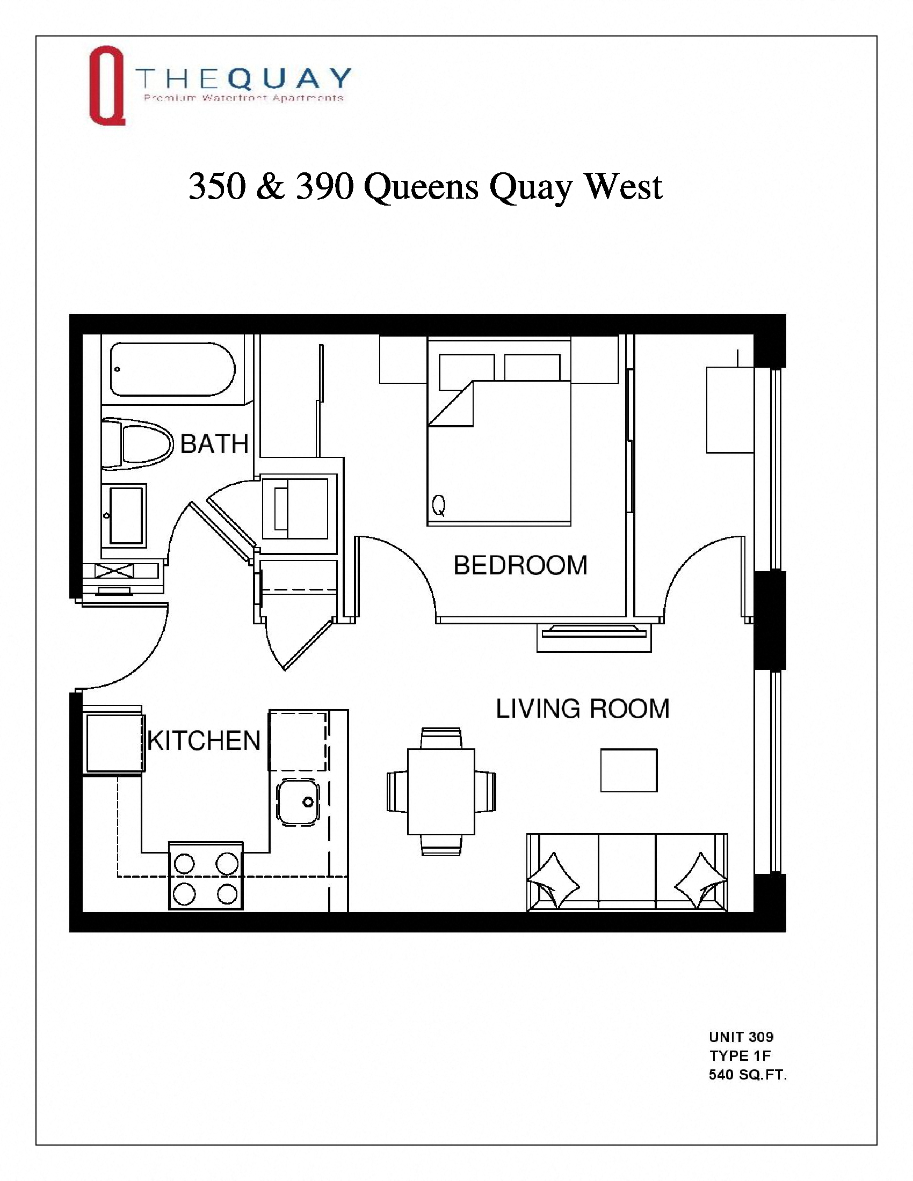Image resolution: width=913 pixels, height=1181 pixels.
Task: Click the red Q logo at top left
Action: click(106, 85)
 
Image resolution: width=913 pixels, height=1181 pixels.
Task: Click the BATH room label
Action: click(214, 444)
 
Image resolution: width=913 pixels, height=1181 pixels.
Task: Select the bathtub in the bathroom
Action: click(172, 369)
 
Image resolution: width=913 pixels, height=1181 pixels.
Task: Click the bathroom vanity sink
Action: click(126, 514)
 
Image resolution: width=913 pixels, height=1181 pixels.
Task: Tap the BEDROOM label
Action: click(520, 566)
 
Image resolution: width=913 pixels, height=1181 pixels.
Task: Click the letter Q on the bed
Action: click(439, 506)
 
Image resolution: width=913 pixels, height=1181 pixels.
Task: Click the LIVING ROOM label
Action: click(583, 709)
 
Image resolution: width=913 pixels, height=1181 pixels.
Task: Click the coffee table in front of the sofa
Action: click(628, 770)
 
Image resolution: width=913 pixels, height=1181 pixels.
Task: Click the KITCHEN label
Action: click(204, 741)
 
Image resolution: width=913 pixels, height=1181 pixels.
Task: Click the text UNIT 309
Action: click(741, 1037)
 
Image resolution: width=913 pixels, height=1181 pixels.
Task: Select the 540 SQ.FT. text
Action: click(748, 1075)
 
